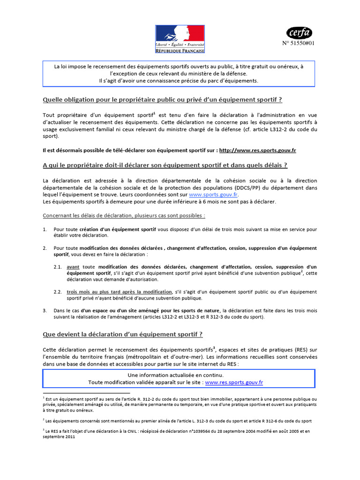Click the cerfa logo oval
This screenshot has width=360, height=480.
(x=299, y=32)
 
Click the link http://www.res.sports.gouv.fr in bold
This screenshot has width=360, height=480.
(x=258, y=150)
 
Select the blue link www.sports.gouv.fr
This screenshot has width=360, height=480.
(x=213, y=194)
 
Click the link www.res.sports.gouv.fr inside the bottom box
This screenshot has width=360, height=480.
(x=234, y=382)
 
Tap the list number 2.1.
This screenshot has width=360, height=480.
(x=58, y=266)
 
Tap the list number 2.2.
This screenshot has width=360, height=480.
(x=58, y=292)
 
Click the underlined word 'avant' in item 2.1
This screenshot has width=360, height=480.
(x=73, y=266)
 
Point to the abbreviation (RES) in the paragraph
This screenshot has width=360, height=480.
(x=301, y=349)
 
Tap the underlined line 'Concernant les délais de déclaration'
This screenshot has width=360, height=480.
(x=124, y=216)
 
